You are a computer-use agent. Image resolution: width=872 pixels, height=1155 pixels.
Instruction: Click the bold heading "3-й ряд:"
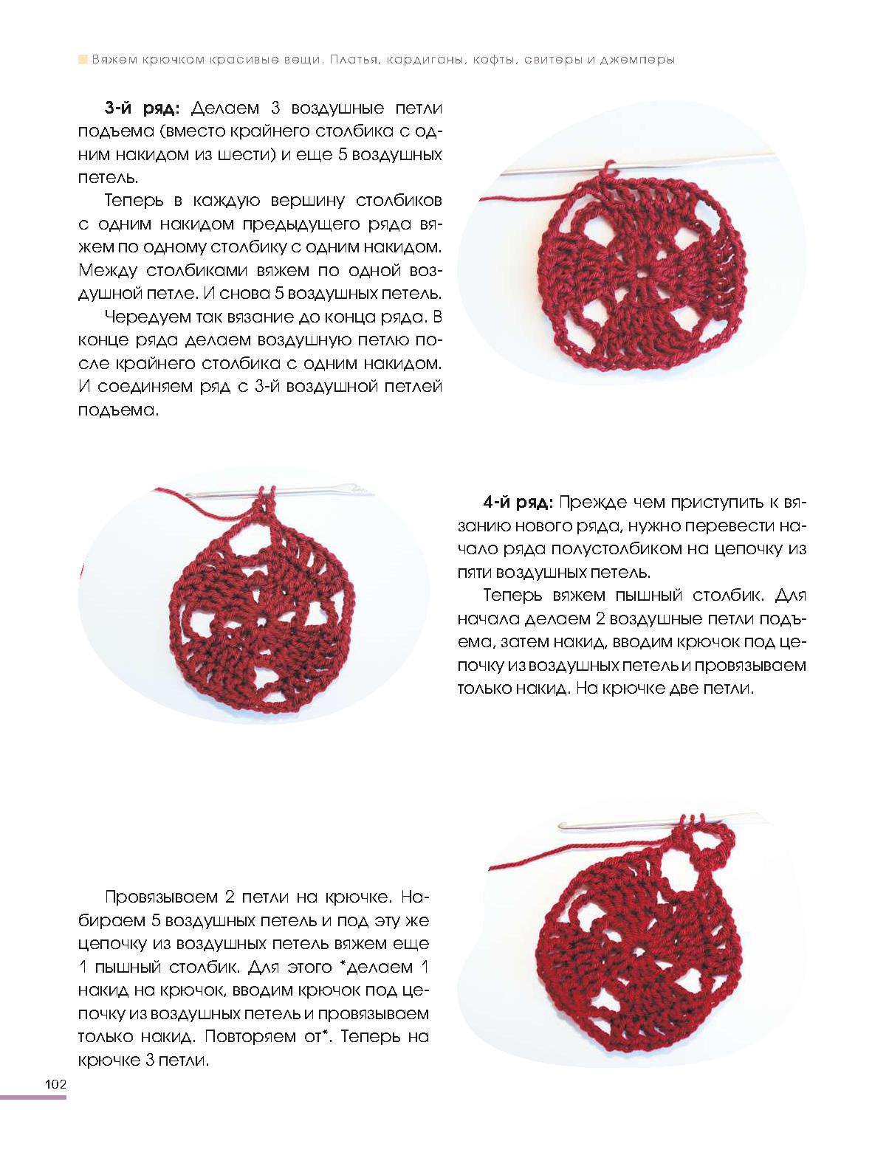(x=141, y=109)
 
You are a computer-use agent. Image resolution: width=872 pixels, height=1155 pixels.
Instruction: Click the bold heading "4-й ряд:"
(x=516, y=503)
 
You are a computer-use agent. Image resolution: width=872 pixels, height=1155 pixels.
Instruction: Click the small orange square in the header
(x=83, y=60)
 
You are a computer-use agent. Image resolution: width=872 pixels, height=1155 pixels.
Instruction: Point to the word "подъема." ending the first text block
(x=118, y=410)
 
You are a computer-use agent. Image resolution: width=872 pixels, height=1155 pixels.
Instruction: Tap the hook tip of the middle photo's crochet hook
(x=354, y=489)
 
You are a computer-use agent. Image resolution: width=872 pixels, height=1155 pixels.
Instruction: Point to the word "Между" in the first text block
(x=107, y=269)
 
